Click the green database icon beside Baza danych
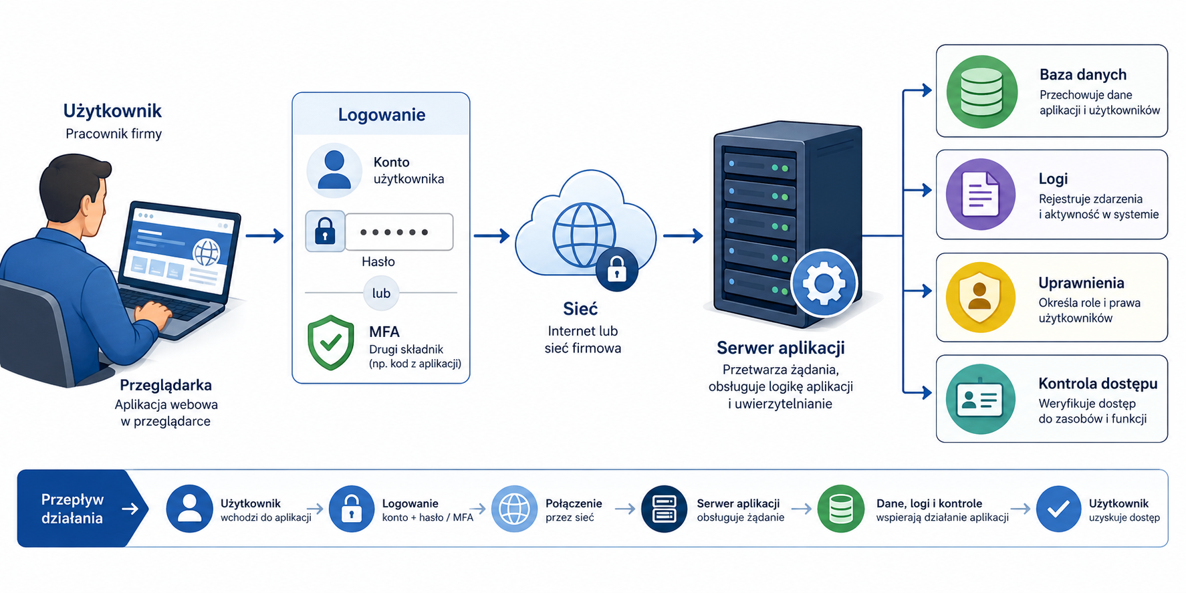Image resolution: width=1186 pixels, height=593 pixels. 981,92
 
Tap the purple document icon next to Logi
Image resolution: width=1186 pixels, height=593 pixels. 981,195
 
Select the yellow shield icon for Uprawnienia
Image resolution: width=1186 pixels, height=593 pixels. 980,297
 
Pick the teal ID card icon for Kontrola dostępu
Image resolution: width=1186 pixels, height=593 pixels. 981,399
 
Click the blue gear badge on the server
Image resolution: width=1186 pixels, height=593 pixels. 824,283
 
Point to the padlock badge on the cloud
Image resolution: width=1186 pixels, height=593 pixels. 616,270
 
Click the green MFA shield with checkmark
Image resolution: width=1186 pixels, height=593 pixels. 330,342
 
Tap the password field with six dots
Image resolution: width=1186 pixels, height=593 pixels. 398,232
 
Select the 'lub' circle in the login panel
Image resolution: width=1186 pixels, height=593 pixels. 381,293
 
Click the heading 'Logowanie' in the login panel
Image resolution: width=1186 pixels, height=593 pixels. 382,114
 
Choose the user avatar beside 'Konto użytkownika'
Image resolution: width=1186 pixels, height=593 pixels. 334,170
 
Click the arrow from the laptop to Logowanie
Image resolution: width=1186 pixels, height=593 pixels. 265,235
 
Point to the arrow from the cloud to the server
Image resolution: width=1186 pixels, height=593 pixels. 683,235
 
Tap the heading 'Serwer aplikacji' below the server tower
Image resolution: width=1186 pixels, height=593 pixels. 781,348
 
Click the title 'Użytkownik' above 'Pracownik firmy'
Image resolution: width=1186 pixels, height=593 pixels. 112,111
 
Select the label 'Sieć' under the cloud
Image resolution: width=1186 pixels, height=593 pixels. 580,309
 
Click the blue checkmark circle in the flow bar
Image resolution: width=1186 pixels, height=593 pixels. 1059,509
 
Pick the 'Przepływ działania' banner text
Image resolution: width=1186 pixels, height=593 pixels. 72,509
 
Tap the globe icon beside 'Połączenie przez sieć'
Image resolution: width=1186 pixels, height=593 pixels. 515,509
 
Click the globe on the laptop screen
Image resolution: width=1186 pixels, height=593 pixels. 206,252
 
